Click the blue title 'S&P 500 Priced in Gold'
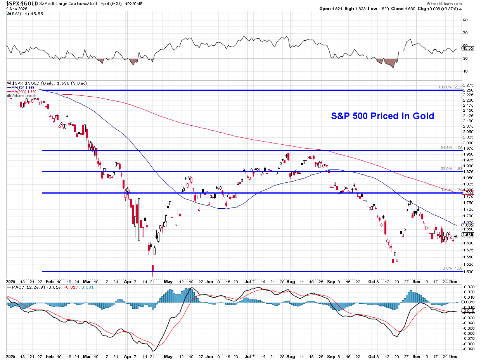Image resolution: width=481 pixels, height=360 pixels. point(382,116)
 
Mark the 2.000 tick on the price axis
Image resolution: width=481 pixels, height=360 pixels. point(468,143)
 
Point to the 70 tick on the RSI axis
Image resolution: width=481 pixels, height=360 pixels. point(465,33)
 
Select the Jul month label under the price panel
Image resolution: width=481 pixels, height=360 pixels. point(248,281)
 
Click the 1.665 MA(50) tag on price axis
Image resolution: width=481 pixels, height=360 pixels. point(469,225)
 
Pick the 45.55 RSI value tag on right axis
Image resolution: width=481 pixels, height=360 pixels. point(468,48)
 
